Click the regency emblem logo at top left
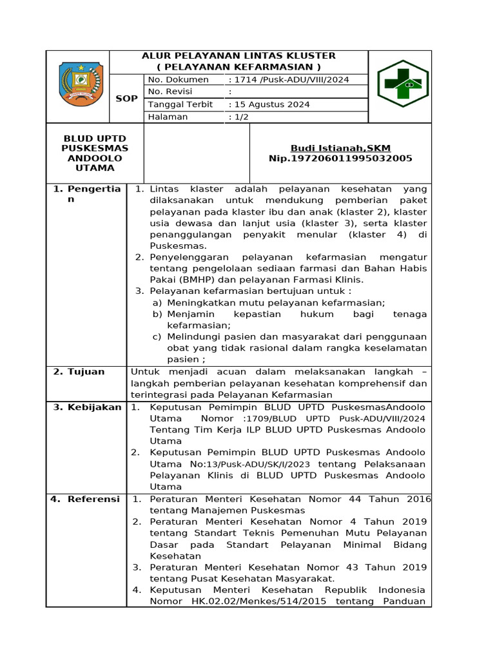(80, 84)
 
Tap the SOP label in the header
(126, 99)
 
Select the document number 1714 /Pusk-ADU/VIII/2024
(289, 79)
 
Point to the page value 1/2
(240, 117)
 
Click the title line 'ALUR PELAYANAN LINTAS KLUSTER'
(238, 56)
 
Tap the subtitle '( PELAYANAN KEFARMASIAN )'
(238, 67)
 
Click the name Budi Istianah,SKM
(340, 148)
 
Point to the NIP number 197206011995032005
(340, 159)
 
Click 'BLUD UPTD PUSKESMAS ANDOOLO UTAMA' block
(94, 153)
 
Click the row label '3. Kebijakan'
(86, 407)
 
